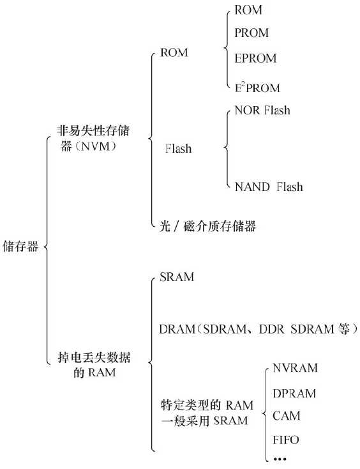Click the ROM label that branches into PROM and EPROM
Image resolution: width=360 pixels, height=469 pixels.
pos(174,54)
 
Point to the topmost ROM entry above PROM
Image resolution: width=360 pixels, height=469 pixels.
pos(248,10)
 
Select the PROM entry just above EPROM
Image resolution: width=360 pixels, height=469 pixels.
pos(251,33)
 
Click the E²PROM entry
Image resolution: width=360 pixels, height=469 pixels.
pos(257,87)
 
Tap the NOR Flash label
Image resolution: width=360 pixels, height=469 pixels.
pos(262,110)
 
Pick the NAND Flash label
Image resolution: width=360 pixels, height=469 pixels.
pos(268,187)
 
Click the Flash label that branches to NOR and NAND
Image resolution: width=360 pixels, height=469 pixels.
pos(178,149)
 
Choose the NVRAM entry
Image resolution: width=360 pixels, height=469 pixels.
pos(294,368)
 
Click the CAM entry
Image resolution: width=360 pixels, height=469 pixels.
pos(286,416)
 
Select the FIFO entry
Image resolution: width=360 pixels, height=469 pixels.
pos(285,440)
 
